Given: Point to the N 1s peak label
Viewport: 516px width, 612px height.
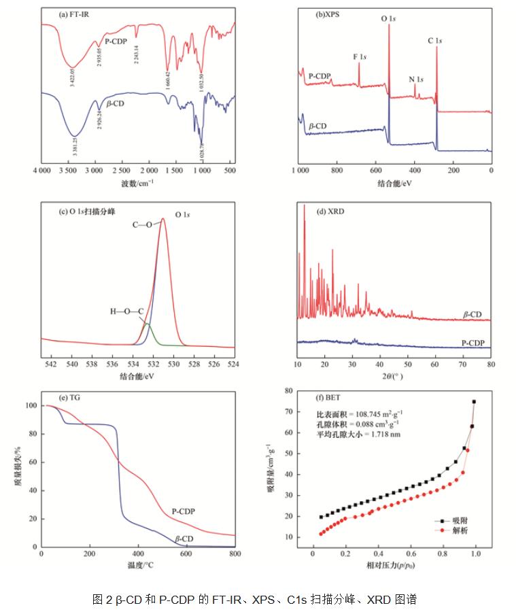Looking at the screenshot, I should pyautogui.click(x=416, y=79).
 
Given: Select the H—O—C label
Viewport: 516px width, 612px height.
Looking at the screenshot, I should pyautogui.click(x=126, y=311).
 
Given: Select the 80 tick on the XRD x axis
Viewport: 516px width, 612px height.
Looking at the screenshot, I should pyautogui.click(x=490, y=364).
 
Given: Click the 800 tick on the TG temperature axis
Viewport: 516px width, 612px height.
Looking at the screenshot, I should pyautogui.click(x=235, y=554).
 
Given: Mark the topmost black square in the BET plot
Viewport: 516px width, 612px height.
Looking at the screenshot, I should pyautogui.click(x=474, y=402).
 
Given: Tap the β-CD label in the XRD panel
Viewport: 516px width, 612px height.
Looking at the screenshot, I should pyautogui.click(x=472, y=315).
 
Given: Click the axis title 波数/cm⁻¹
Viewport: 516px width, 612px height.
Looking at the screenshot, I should pyautogui.click(x=137, y=183).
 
